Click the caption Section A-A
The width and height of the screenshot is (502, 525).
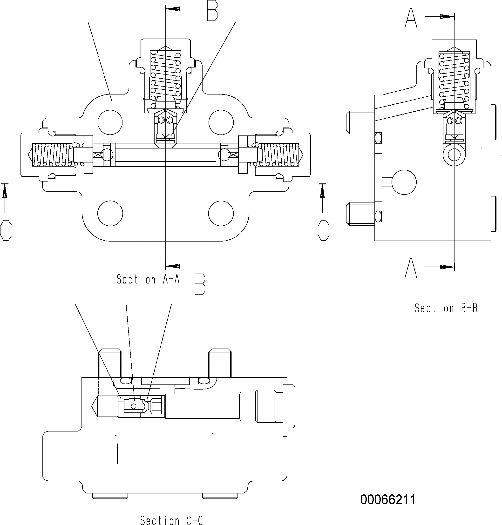(148, 279)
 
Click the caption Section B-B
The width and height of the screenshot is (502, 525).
(446, 308)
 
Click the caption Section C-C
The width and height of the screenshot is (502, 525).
(171, 520)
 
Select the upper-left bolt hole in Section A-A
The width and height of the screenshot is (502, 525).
(110, 122)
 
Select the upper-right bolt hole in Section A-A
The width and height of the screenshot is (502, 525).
(221, 122)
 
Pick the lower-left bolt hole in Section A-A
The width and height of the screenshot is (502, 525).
(110, 213)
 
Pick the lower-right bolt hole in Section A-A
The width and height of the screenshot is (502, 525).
(221, 213)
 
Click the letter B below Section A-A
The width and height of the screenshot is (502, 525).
(200, 284)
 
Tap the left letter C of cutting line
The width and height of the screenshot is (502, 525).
(6, 230)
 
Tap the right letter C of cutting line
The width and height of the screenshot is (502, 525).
(323, 230)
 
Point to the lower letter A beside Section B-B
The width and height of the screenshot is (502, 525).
(411, 269)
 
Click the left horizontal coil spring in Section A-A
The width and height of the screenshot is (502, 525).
(51, 155)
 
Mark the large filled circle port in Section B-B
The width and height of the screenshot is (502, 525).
(404, 182)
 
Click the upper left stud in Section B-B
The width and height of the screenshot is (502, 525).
(360, 122)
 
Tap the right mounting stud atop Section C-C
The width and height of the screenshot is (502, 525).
(220, 363)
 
